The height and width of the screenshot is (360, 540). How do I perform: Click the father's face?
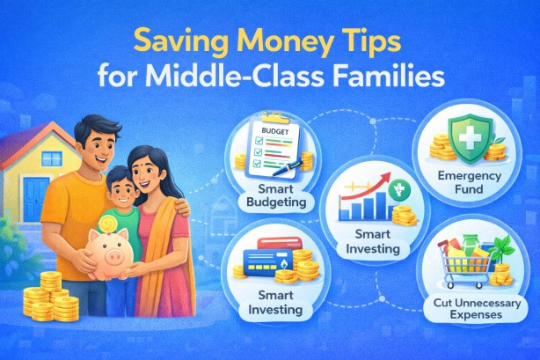[92, 140]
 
